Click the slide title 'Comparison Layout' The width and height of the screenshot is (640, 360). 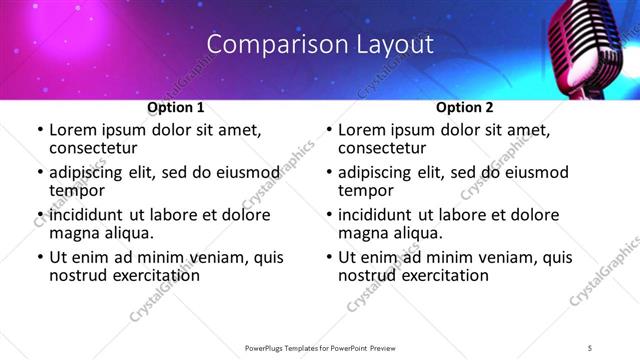click(x=320, y=44)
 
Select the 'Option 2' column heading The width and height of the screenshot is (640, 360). click(x=464, y=107)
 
